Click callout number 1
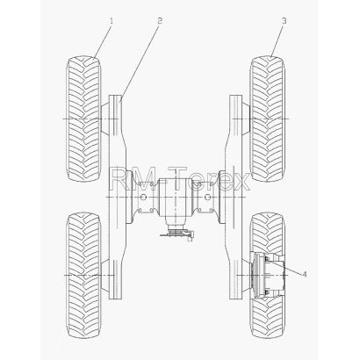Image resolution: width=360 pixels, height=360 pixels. pos(112,21)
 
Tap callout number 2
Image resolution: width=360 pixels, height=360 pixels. pos(160,20)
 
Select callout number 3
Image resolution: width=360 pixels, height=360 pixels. pos(284,21)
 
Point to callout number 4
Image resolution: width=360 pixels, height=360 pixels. pos(305,274)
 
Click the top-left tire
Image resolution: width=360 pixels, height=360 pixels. pos(83,119)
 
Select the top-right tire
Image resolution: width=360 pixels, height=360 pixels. pos(268,119)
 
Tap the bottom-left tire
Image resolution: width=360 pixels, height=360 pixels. pos(83,275)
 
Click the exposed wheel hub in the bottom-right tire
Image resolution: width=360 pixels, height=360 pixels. pos(268,275)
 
